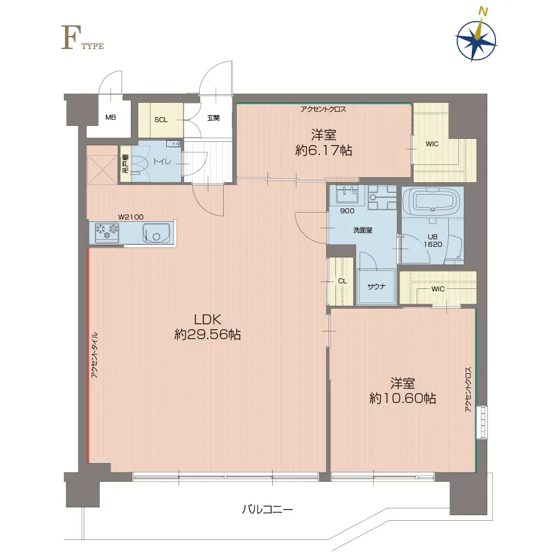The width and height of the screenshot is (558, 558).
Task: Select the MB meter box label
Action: [x=110, y=118]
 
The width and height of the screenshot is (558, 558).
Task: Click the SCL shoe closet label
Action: [x=161, y=119]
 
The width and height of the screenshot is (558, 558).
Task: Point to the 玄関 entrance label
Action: [x=213, y=118]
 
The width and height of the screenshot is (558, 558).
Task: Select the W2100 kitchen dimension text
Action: [x=131, y=216]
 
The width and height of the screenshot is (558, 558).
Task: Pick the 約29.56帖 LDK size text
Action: [x=208, y=335]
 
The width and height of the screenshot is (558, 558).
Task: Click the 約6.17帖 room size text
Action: [x=323, y=150]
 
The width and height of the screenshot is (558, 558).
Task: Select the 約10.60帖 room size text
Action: [x=402, y=398]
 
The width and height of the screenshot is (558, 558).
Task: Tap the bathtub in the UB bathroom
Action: [x=432, y=201]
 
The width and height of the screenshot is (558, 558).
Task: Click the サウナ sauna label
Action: [x=375, y=286]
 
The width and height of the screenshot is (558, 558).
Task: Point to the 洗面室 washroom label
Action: [x=363, y=231]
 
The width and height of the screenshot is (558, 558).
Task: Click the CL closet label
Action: [x=342, y=281]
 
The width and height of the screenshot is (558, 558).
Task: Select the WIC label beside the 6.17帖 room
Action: [x=432, y=144]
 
